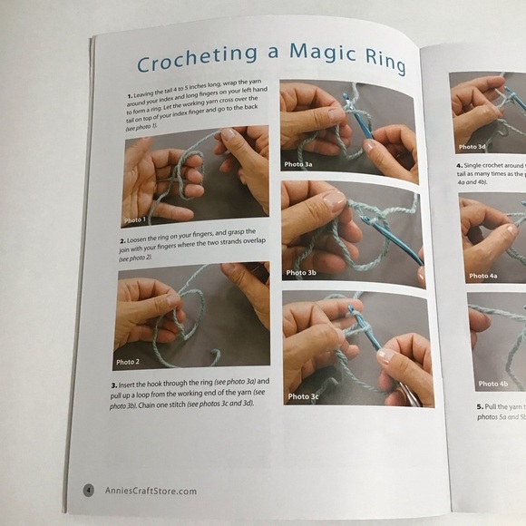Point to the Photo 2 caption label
coord(128,361)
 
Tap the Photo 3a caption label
coord(298,164)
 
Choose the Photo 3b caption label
coord(301,272)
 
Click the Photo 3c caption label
coord(303,396)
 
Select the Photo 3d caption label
coord(472,146)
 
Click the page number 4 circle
coord(89,491)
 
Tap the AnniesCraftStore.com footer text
coord(149,491)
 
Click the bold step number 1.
coord(130,93)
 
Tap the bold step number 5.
coord(478,406)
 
